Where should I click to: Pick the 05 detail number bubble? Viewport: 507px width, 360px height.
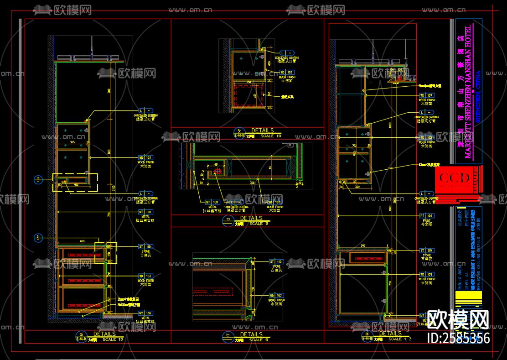pos(82,335)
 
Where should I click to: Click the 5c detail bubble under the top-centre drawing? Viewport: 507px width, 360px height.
pos(240,132)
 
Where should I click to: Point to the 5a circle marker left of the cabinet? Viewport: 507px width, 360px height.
pos(38,179)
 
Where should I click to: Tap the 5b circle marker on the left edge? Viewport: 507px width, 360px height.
pos(38,237)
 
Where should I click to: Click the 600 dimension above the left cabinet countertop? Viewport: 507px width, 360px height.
pos(82,241)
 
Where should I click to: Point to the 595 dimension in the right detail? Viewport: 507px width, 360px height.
pos(363,246)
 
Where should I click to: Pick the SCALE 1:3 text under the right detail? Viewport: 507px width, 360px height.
pos(401,339)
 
